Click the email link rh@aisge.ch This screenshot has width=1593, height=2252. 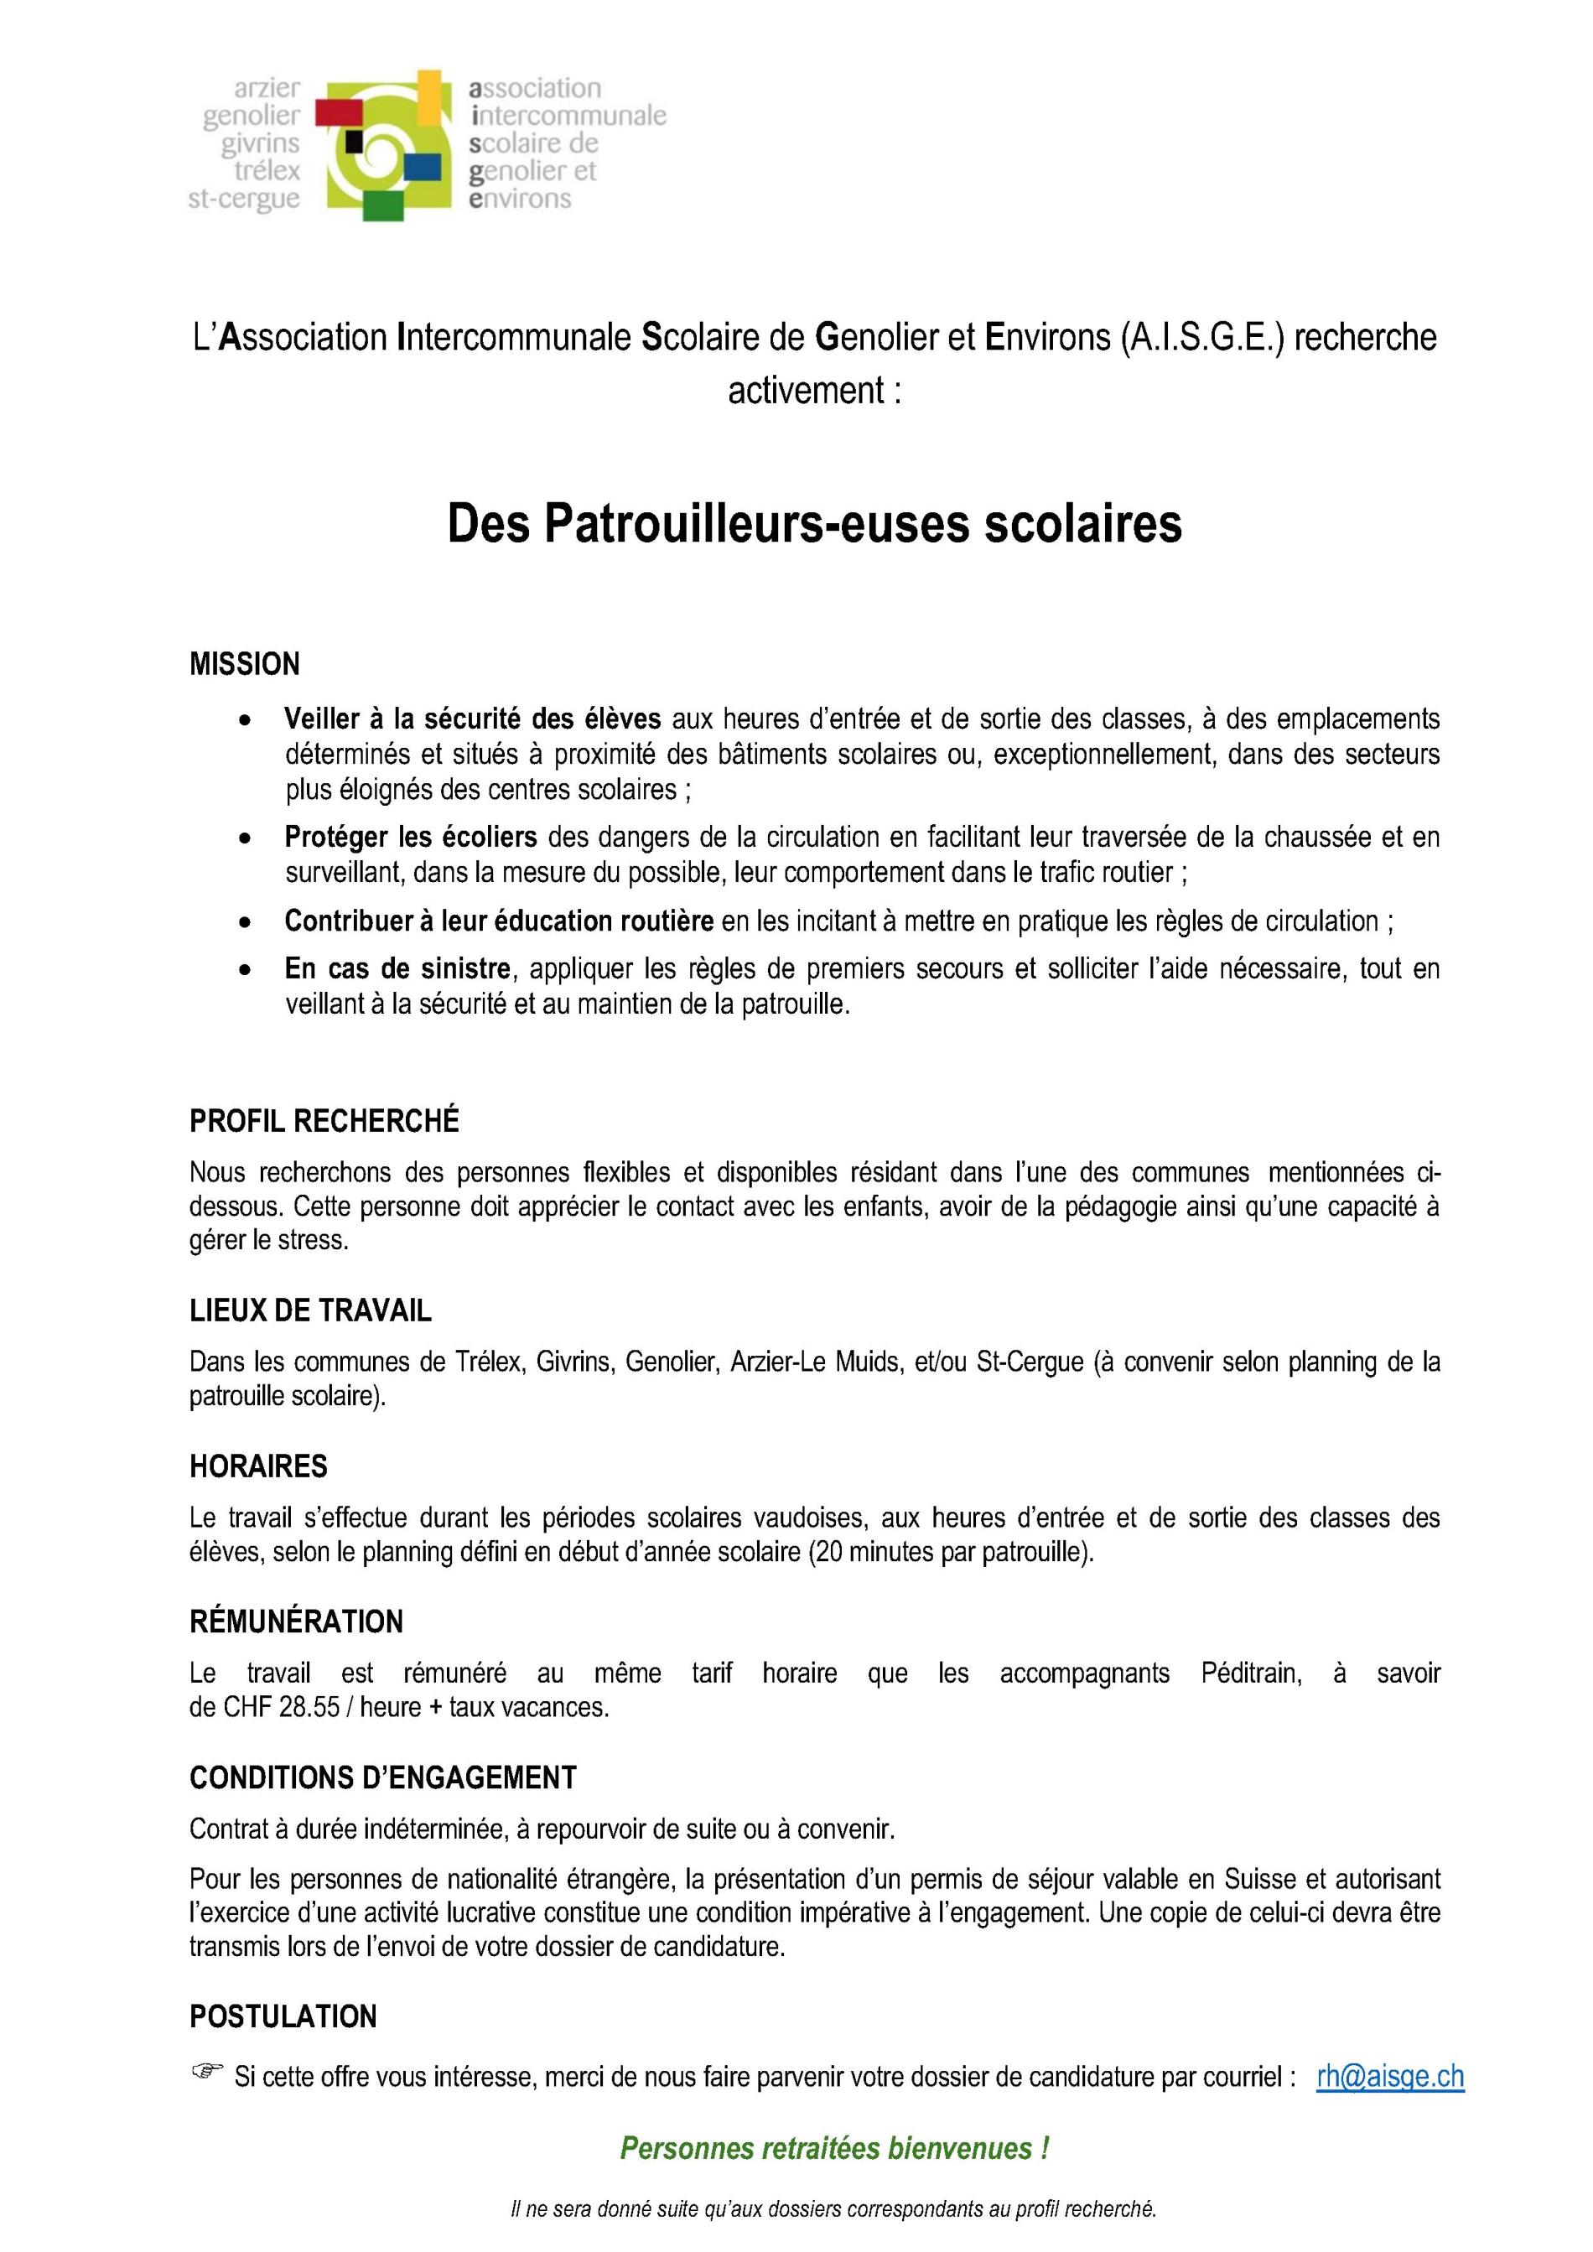[x=1390, y=2077]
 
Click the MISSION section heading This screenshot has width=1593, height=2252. [x=244, y=664]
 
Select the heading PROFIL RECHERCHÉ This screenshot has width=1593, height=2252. [x=324, y=1121]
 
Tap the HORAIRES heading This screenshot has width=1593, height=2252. [x=258, y=1466]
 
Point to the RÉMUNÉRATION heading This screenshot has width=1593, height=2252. [x=296, y=1622]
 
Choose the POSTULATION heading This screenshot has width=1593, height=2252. [x=283, y=2016]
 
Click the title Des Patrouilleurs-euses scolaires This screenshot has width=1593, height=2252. [x=814, y=524]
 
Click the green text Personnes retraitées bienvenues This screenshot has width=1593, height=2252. [x=833, y=2148]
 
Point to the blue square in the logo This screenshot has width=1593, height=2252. [x=422, y=168]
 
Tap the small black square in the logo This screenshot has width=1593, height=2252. [x=354, y=144]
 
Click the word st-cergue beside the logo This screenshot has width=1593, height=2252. [x=244, y=199]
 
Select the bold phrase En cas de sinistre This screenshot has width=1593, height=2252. [x=397, y=969]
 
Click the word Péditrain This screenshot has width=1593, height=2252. [x=1251, y=1673]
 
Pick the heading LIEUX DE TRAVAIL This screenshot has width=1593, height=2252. [x=310, y=1311]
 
